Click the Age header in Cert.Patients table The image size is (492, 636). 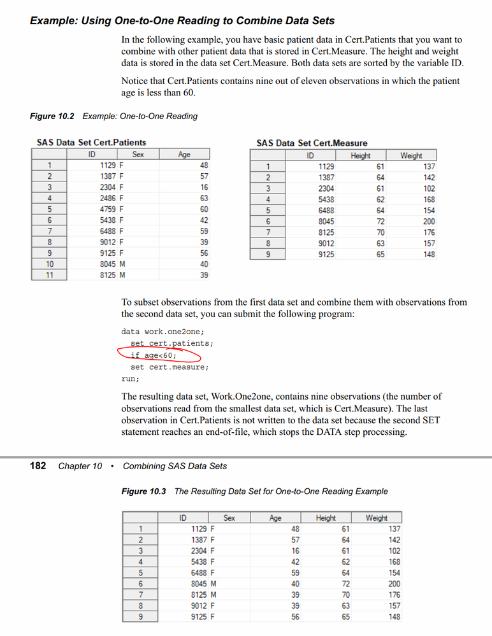click(x=184, y=155)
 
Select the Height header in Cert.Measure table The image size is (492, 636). click(x=360, y=155)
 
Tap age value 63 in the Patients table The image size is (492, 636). click(x=204, y=199)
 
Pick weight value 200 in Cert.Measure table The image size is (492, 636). click(x=429, y=222)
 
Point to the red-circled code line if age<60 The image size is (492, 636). click(x=154, y=355)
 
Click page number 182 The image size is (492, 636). click(x=38, y=466)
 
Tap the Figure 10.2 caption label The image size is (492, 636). click(x=52, y=117)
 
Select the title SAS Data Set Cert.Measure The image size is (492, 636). click(x=312, y=143)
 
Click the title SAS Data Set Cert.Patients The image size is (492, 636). click(x=91, y=143)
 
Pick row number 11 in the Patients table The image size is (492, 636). click(x=49, y=276)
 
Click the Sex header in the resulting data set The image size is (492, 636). click(x=229, y=518)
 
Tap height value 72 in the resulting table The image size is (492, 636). click(x=345, y=584)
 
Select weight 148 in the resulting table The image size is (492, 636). click(x=394, y=617)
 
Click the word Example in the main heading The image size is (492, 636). click(x=52, y=21)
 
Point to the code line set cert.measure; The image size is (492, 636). click(x=170, y=367)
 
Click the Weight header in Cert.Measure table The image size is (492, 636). click(x=411, y=155)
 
